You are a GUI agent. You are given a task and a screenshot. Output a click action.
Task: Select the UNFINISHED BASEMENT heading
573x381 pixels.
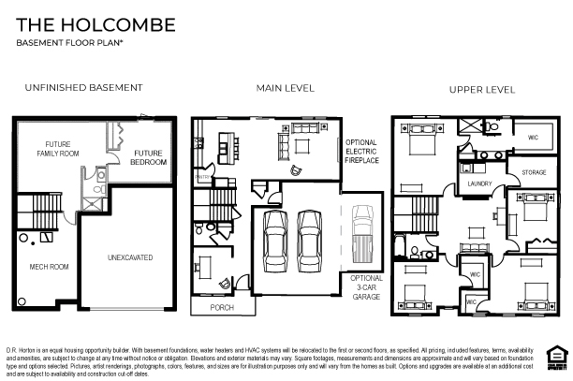pos(84,87)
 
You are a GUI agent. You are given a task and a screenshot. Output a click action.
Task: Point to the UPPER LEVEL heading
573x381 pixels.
pos(482,89)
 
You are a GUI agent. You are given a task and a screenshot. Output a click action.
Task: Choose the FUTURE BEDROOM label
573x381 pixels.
pos(149,157)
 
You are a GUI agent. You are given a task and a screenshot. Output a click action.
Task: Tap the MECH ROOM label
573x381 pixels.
pos(49,267)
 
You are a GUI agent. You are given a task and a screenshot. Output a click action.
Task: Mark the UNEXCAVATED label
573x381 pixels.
pos(130,256)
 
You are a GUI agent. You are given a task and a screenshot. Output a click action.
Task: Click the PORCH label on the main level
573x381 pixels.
pos(221,307)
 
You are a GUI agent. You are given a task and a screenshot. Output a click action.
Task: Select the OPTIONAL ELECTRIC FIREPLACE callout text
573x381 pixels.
pos(360,152)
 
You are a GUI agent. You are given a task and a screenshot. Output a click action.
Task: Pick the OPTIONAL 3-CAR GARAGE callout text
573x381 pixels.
pos(366,287)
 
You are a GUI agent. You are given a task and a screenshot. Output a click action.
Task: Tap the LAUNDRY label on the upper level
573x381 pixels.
pos(479,184)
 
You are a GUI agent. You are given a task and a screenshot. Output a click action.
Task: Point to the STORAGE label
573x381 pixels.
pos(534,173)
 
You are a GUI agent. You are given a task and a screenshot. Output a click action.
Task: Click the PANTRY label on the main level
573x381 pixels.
pos(199,175)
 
